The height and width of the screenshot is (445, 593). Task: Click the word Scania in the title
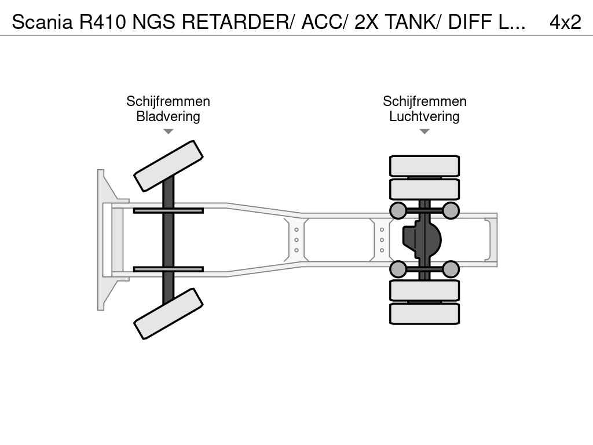(x=42, y=22)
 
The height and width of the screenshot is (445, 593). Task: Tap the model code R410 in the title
(x=103, y=22)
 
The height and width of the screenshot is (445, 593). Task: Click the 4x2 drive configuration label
(x=565, y=22)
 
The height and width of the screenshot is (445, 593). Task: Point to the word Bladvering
(x=169, y=116)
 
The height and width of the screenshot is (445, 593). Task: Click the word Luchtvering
(x=424, y=116)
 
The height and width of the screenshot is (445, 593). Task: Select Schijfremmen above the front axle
(x=169, y=101)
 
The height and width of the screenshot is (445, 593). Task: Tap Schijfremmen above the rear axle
(x=424, y=101)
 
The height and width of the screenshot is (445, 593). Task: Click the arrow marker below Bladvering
(x=169, y=132)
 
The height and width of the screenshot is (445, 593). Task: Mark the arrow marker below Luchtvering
(x=424, y=132)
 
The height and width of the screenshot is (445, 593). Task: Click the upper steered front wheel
(x=169, y=166)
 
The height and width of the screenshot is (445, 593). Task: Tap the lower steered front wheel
(x=169, y=313)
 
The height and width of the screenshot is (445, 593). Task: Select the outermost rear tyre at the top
(x=424, y=166)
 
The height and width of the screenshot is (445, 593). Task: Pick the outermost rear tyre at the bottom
(x=424, y=313)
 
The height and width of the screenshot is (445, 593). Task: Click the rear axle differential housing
(x=422, y=239)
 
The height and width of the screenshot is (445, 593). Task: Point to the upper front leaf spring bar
(x=169, y=210)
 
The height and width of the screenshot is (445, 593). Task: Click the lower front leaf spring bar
(x=169, y=269)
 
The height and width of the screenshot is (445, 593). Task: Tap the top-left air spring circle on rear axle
(x=398, y=210)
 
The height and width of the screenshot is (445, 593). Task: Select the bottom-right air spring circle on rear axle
(x=451, y=269)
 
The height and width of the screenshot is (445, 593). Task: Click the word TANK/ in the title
(x=413, y=22)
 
